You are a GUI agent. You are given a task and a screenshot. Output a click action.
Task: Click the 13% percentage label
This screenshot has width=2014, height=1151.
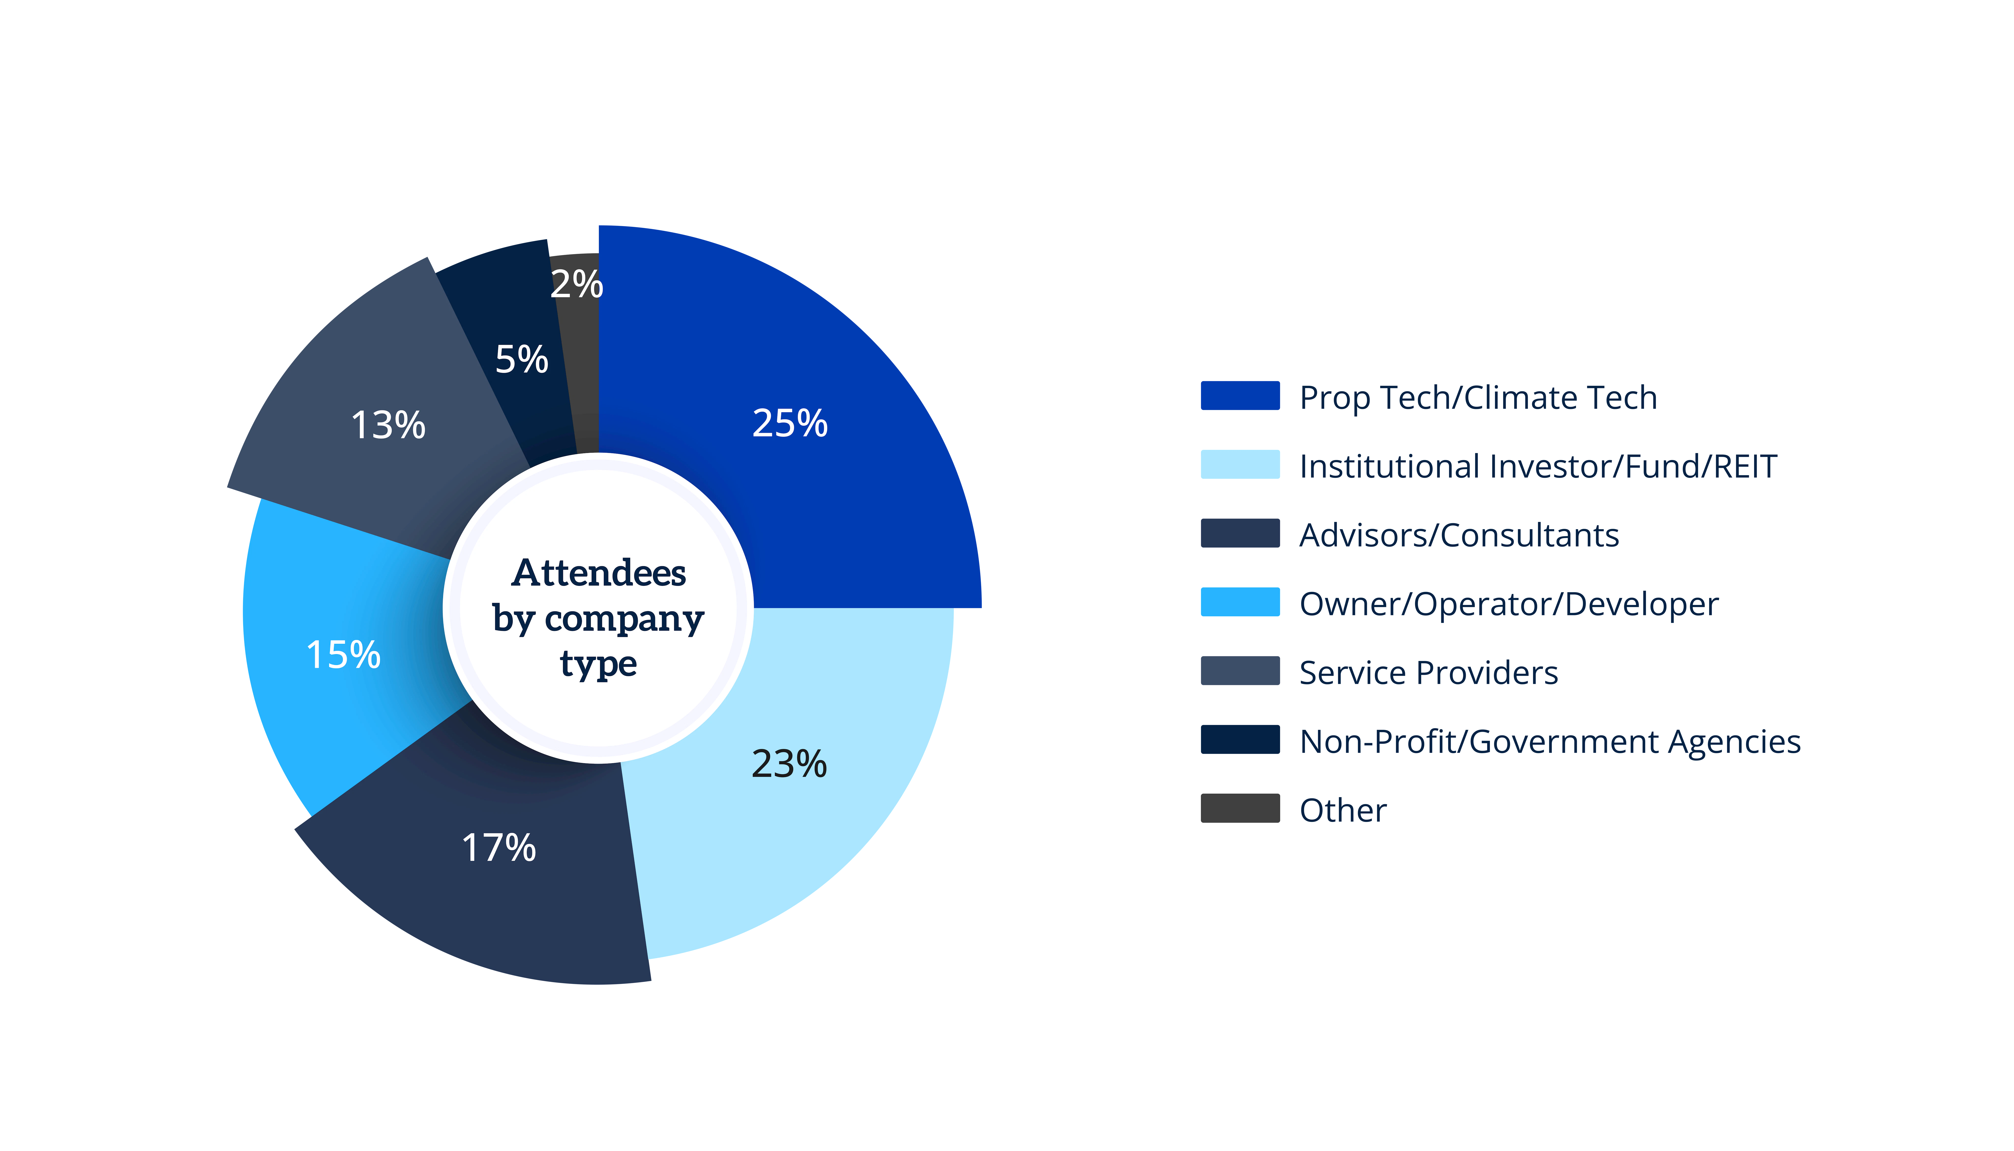click(x=387, y=425)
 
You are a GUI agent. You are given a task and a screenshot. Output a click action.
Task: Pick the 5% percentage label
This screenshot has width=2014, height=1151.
click(x=521, y=360)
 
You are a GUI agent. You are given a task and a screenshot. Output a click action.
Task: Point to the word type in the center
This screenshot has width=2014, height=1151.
click(x=599, y=663)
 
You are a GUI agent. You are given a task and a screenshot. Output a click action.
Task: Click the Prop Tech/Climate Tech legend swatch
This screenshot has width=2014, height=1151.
click(x=1239, y=395)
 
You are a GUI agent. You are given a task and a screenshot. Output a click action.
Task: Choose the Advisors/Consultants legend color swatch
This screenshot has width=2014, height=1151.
click(x=1239, y=533)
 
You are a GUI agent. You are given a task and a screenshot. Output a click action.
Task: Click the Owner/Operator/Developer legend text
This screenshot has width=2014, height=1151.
click(x=1509, y=604)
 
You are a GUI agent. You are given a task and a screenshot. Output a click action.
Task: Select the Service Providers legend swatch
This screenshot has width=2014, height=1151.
click(x=1239, y=670)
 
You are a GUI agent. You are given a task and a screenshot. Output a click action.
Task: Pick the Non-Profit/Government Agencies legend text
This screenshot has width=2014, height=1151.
click(x=1550, y=742)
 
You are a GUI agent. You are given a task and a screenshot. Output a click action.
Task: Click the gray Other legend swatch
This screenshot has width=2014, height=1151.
click(x=1239, y=808)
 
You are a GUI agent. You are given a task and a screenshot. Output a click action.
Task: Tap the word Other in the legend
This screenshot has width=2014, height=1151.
click(x=1343, y=810)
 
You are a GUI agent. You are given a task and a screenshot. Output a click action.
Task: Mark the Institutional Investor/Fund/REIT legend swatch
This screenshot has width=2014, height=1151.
click(x=1239, y=464)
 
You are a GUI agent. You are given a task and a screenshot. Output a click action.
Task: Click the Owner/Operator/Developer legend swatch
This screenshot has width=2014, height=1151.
click(x=1239, y=602)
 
